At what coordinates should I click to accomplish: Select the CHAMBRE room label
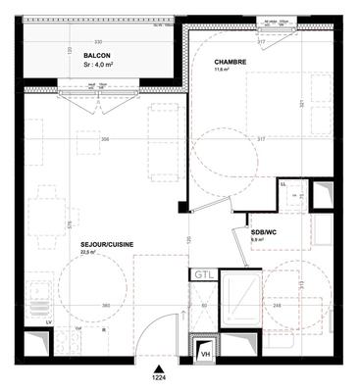tap(231, 61)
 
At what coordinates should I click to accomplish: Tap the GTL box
tap(202, 275)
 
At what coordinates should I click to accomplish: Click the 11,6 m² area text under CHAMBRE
tap(223, 70)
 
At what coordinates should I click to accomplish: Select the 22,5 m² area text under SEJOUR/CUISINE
tap(88, 253)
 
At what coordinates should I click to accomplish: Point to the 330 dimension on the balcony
tap(98, 41)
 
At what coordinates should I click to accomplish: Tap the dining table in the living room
tap(41, 211)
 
